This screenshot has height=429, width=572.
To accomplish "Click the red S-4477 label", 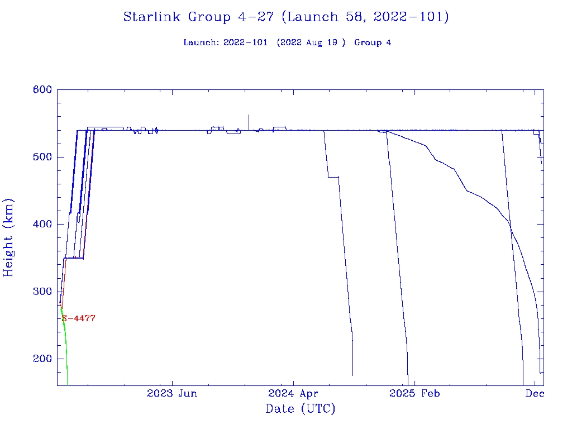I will click(x=79, y=318).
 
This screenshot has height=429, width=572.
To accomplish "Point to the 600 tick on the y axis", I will click(x=42, y=90).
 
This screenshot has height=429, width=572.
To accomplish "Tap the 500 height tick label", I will click(x=42, y=157).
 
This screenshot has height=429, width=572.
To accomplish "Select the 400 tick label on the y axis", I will click(x=42, y=225).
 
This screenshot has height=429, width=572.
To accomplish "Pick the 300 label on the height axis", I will click(x=42, y=292).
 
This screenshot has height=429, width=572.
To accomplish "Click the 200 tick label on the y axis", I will click(x=42, y=359).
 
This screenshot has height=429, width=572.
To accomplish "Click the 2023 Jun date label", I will click(x=172, y=393).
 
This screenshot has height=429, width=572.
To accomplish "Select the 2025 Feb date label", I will click(x=414, y=393).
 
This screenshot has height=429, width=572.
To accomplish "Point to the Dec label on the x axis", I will click(x=535, y=393).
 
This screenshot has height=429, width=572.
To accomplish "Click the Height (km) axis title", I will click(x=9, y=237).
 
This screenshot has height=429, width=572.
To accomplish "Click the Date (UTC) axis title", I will click(x=301, y=409).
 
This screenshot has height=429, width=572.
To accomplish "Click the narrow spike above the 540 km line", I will click(x=249, y=120).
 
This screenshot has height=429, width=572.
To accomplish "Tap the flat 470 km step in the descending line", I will click(x=333, y=177).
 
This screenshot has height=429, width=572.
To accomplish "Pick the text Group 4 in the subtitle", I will click(x=373, y=43).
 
